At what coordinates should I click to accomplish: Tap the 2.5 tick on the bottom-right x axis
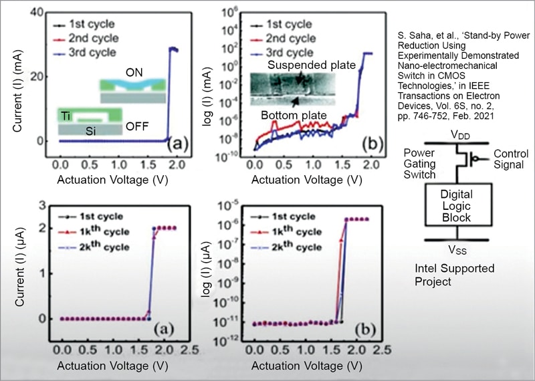click(x=380, y=350)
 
